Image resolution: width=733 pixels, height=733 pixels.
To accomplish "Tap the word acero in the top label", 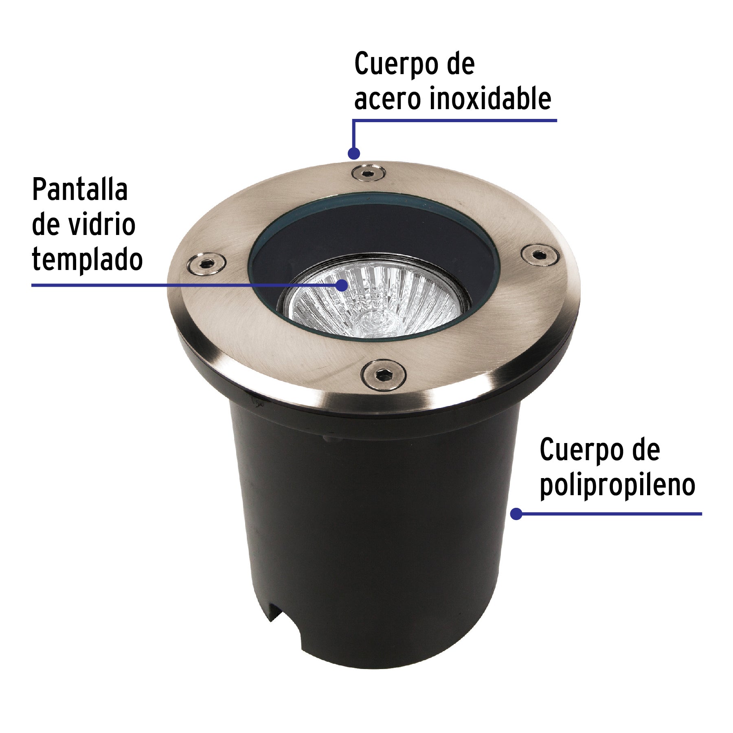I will (387, 100).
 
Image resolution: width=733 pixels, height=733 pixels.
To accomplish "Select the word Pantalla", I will (80, 190).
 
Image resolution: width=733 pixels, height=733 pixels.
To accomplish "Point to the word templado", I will (87, 260).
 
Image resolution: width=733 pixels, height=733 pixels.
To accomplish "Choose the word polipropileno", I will (617, 485).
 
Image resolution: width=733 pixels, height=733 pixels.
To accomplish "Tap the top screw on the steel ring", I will (369, 173).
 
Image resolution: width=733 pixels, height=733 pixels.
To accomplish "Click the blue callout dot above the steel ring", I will (354, 154).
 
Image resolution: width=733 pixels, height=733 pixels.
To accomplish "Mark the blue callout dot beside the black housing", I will (516, 514).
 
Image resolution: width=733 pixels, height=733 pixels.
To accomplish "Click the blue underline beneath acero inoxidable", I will (454, 121).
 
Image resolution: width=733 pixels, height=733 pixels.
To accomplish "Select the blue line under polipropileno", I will (611, 514).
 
